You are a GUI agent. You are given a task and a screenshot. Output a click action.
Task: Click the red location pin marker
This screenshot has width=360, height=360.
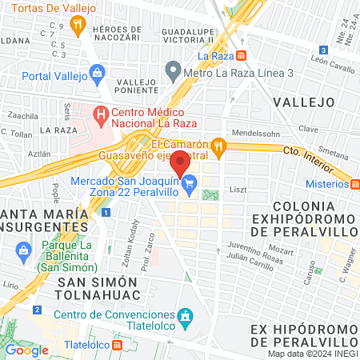(x=181, y=162)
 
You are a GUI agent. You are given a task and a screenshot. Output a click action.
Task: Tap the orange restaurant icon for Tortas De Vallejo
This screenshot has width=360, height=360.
(x=78, y=26)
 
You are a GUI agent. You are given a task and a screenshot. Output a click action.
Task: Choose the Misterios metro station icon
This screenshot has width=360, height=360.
(x=353, y=184)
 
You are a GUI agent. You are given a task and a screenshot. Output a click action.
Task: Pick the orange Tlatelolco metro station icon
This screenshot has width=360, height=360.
(x=118, y=345)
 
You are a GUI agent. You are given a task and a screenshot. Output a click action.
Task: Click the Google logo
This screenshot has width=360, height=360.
(x=26, y=350)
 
